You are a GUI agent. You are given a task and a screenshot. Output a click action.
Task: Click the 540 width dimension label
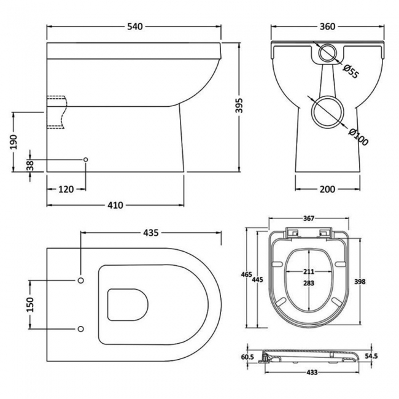click(134, 26)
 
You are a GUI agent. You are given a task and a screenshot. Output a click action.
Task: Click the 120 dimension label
click(66, 190)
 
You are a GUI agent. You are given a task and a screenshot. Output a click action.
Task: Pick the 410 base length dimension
click(115, 204)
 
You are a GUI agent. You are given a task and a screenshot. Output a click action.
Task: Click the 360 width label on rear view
click(327, 26)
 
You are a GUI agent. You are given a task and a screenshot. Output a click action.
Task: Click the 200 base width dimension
click(327, 189)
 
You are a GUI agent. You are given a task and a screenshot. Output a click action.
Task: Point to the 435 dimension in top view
click(151, 233)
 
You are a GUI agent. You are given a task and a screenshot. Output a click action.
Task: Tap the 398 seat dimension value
click(361, 281)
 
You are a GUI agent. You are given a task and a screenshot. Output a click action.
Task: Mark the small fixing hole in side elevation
click(85, 160)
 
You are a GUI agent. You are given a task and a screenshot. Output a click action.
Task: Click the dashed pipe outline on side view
click(56, 112)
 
